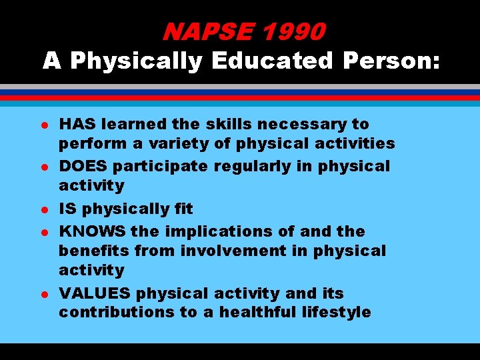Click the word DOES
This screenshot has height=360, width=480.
(81, 166)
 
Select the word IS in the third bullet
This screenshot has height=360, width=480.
(68, 209)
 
